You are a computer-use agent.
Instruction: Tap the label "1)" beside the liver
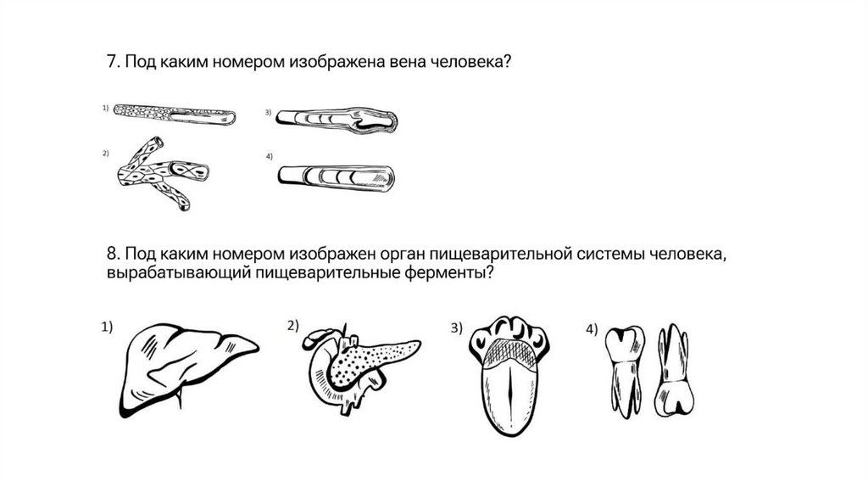108,327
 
